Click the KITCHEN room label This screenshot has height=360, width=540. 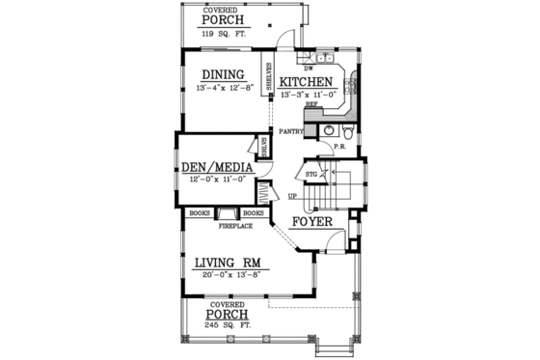pos(307,82)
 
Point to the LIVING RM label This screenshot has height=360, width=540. pos(229,262)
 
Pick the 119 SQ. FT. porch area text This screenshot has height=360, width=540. pos(222,33)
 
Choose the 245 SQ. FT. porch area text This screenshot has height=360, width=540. pos(228,326)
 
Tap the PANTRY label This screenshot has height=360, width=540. pos(291,131)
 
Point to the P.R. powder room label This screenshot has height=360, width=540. pos(339,147)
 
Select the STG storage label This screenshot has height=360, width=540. pos(311,175)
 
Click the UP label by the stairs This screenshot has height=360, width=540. pos(291,197)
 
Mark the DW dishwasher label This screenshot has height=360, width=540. pos(308,69)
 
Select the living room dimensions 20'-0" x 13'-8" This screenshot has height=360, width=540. pos(229,274)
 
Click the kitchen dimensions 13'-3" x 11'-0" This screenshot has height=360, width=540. pos(307,95)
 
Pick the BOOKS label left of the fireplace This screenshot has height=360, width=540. pos(201,212)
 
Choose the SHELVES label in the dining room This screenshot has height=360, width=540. pos(270,75)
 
